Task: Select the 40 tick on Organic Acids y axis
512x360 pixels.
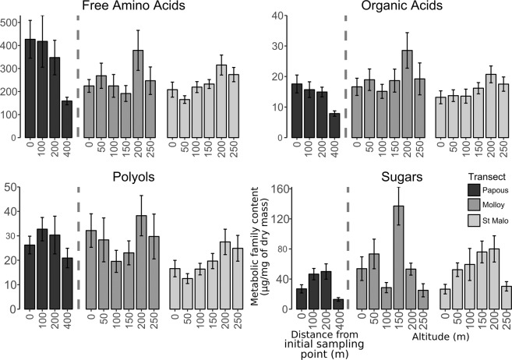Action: pos(278,16)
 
